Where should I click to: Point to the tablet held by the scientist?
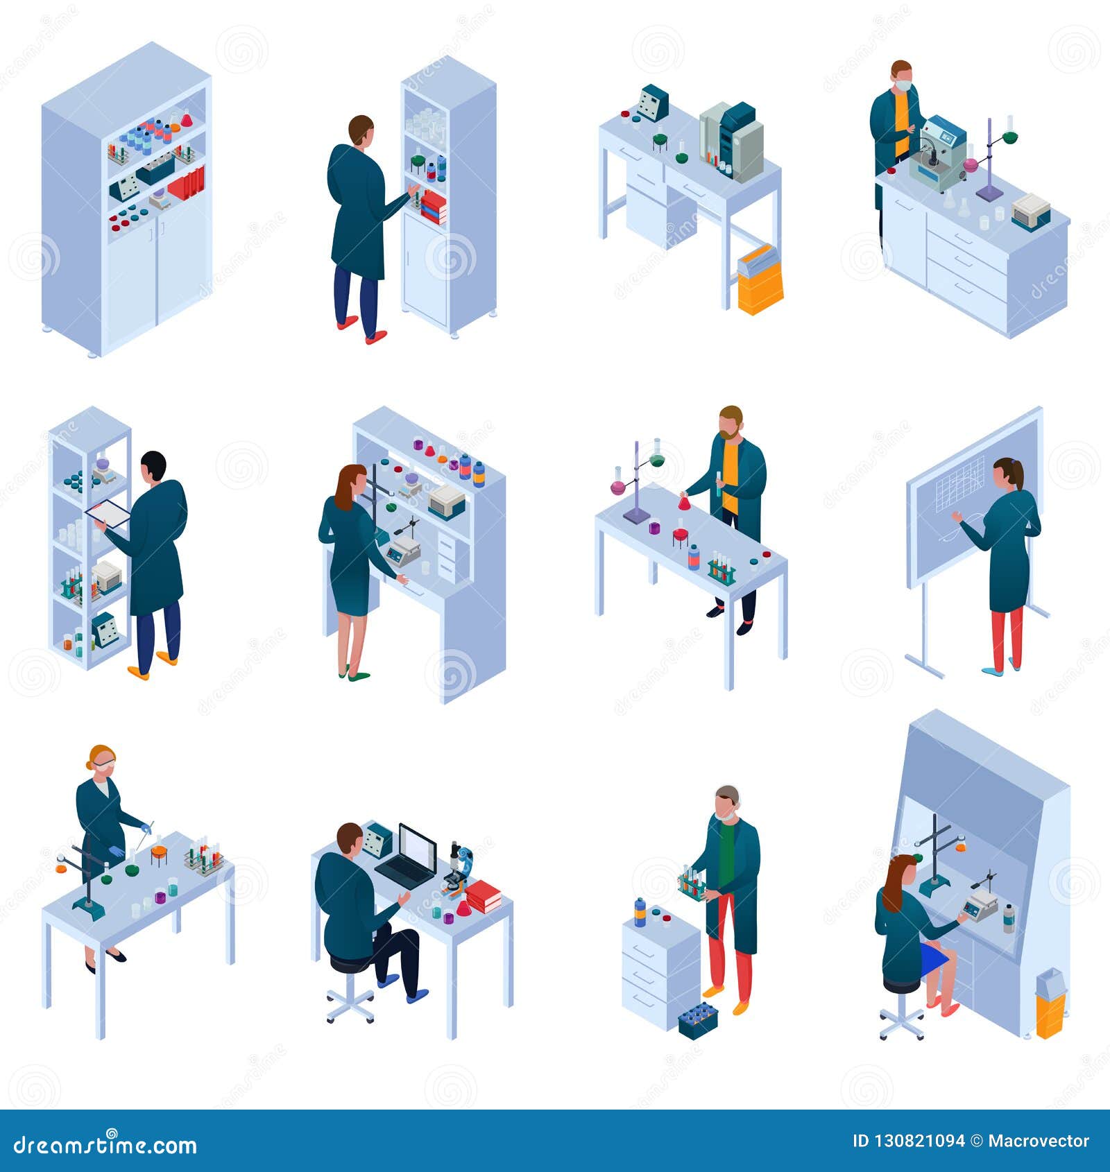pyautogui.click(x=108, y=513)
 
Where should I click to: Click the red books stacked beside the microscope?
pyautogui.click(x=484, y=896)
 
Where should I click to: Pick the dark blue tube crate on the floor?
pyautogui.click(x=697, y=1021)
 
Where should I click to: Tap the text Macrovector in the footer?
pyautogui.click(x=1039, y=1141)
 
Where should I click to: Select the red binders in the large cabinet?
pyautogui.click(x=187, y=184)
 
